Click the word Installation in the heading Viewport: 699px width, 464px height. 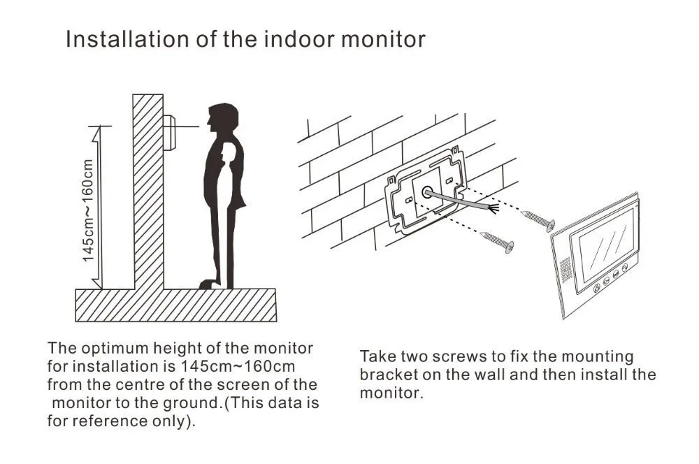[x=127, y=39]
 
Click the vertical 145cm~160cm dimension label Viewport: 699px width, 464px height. [x=88, y=210]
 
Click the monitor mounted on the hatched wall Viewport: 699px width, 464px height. [x=169, y=132]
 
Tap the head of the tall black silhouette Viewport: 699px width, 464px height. [x=223, y=117]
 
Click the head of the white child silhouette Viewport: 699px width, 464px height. [x=229, y=153]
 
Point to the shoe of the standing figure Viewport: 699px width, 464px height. [x=208, y=284]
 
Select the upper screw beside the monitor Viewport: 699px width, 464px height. [x=538, y=219]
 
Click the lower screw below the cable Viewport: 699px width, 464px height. [x=498, y=240]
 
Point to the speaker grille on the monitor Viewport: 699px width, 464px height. [x=565, y=270]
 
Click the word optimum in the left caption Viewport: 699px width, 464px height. [x=114, y=349]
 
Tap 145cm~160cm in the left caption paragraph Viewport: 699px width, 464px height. [x=238, y=366]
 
